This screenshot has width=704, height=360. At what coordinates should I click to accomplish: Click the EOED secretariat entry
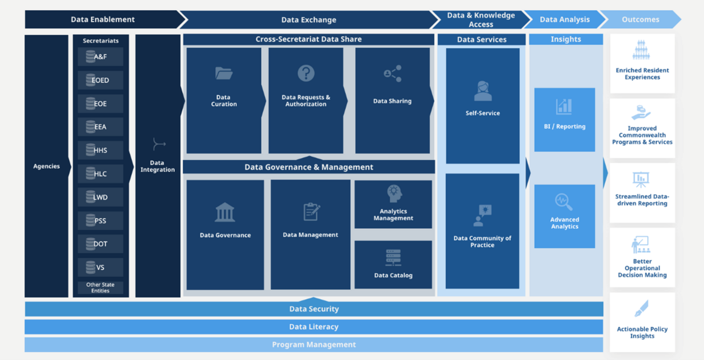coord(100,80)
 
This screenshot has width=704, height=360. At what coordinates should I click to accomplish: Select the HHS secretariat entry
coord(100,150)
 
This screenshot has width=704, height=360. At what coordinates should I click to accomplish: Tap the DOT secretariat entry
coord(100,244)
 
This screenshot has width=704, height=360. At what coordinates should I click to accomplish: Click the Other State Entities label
coord(100,288)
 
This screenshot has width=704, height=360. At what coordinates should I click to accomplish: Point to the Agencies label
coord(47,166)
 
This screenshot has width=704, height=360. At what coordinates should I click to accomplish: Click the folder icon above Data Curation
coord(224,73)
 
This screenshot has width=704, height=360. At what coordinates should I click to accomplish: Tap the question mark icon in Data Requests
coord(306,73)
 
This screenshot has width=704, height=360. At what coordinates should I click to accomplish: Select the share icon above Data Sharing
coord(392,74)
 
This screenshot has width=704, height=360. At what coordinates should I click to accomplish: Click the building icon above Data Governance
coord(225,212)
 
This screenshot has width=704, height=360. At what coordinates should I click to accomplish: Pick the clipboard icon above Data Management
coord(311,212)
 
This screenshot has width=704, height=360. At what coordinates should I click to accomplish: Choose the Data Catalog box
coord(393,265)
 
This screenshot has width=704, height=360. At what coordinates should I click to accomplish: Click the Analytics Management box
coord(393,204)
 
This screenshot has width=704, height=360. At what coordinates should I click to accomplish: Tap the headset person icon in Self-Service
coord(483,91)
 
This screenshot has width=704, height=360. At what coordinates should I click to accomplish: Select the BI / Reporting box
coord(564,119)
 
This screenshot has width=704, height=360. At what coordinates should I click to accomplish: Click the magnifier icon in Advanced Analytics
coord(564,202)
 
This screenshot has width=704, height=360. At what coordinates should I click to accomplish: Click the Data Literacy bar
coord(313,327)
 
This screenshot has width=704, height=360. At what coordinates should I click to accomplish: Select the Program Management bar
coord(313,345)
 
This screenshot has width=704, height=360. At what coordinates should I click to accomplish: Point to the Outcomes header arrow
coord(640,19)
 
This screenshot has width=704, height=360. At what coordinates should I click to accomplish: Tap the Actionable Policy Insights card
coord(642,322)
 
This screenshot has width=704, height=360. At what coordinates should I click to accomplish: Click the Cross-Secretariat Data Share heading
coord(308,39)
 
